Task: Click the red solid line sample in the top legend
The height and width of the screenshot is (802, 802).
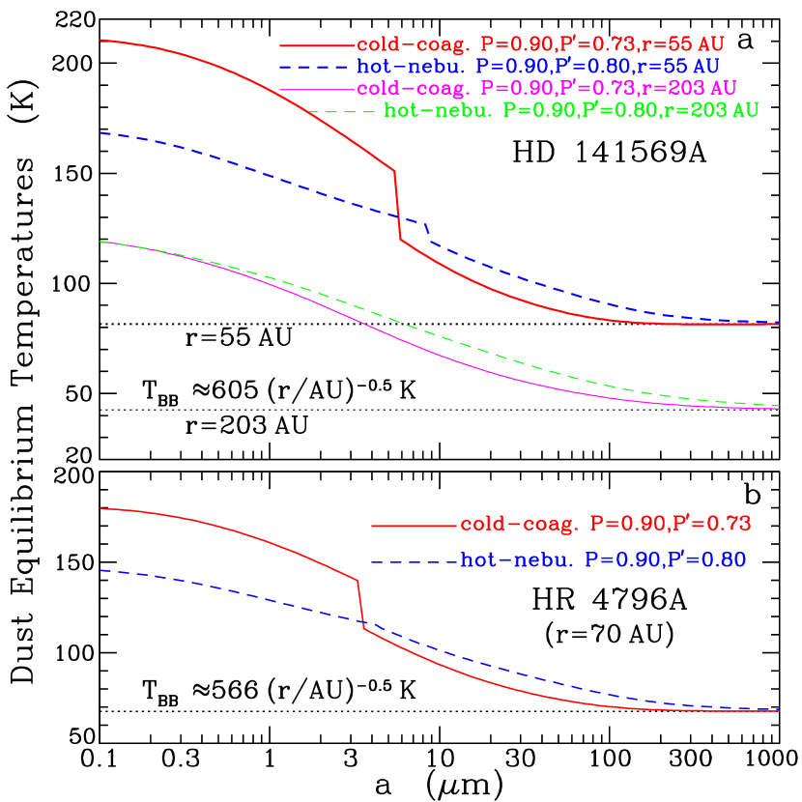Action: pyautogui.click(x=317, y=45)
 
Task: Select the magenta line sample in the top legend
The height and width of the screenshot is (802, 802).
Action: pyautogui.click(x=317, y=88)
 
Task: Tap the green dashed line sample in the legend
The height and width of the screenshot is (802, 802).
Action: pyautogui.click(x=343, y=111)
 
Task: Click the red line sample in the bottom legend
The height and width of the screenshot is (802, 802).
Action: pyautogui.click(x=414, y=526)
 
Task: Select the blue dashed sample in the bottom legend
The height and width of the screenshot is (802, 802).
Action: pyautogui.click(x=414, y=561)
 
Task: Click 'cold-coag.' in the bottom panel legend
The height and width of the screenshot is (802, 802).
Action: pyautogui.click(x=519, y=525)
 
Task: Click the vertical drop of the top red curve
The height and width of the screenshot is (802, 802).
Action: pyautogui.click(x=397, y=205)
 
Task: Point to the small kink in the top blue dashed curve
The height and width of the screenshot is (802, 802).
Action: pyautogui.click(x=427, y=228)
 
